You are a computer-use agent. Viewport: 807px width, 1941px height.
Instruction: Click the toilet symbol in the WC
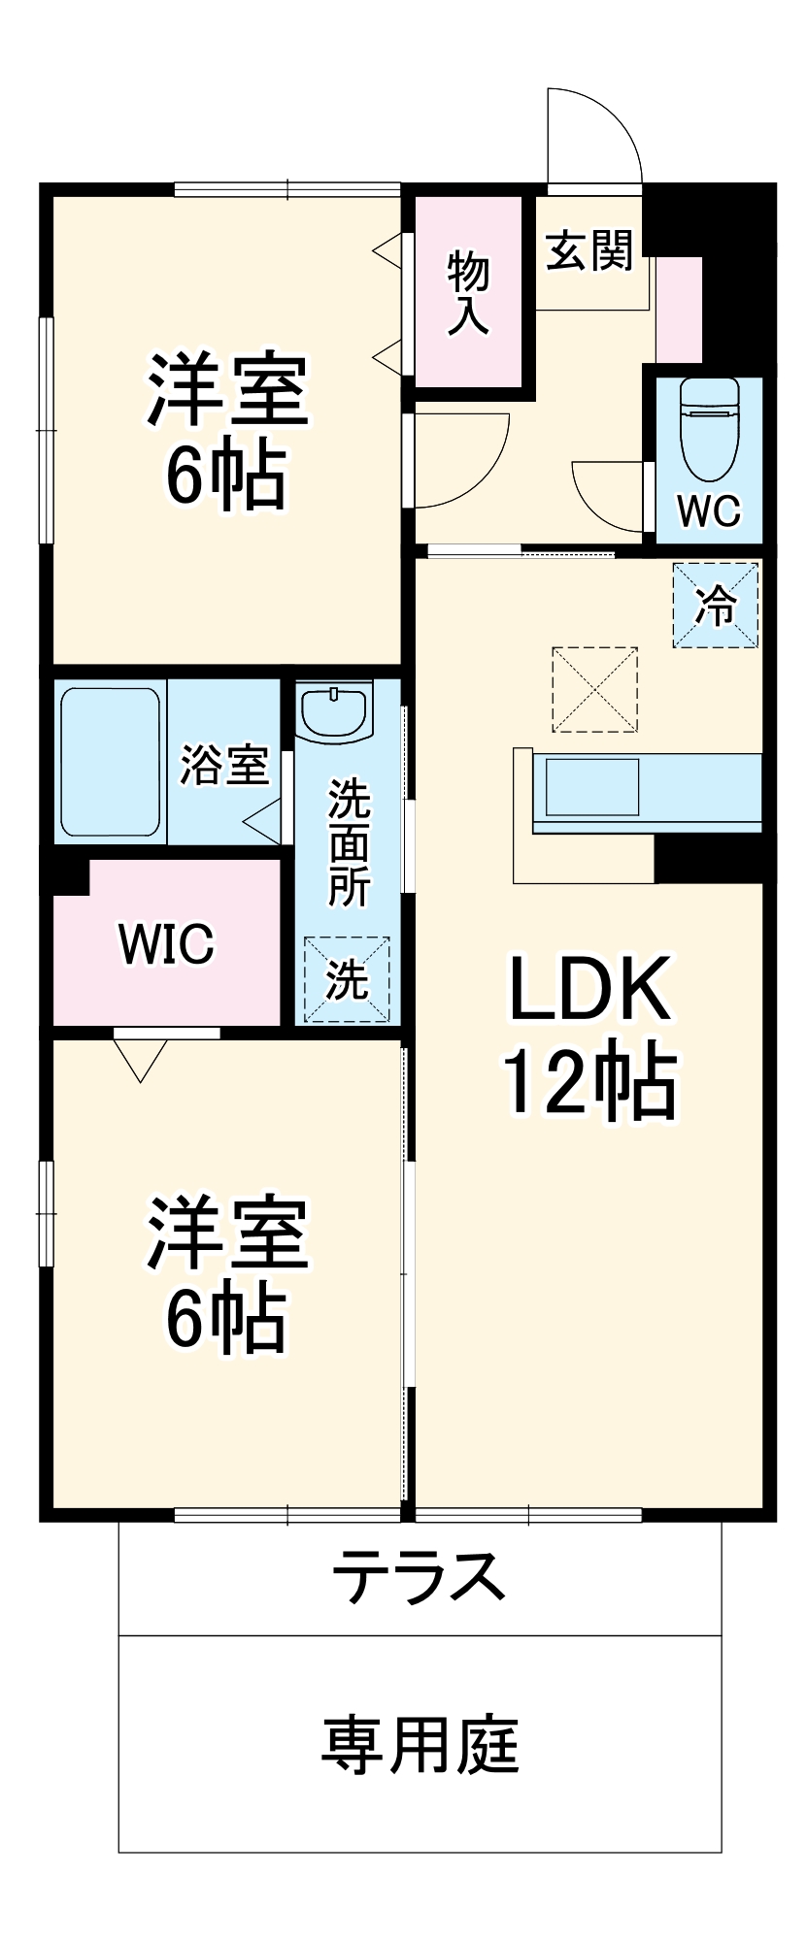pos(709,427)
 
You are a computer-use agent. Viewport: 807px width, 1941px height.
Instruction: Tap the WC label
pos(709,510)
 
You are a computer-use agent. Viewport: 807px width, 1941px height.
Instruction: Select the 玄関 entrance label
pos(589,251)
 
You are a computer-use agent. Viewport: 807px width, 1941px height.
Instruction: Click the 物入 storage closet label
pos(468,293)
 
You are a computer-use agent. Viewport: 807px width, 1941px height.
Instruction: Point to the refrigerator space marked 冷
pos(716,606)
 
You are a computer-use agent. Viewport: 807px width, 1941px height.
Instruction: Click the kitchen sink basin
pos(591,787)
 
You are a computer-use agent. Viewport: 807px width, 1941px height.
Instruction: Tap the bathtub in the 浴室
pos(110,762)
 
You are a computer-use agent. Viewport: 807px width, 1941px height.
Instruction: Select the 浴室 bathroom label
pos(224,765)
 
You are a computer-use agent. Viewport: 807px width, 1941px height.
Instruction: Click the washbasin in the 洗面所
pos(334,712)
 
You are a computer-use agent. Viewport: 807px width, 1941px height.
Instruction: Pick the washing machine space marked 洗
pos(347,979)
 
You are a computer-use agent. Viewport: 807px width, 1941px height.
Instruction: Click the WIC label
pos(166,943)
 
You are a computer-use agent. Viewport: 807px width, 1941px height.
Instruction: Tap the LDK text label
pos(589,990)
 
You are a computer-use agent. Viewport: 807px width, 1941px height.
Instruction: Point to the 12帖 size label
pos(589,1080)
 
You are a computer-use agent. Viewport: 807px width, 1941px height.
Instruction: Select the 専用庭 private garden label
pos(420,1744)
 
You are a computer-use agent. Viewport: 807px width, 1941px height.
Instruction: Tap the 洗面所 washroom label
pos(348,841)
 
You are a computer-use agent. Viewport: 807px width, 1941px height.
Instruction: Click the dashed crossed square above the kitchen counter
pos(594,689)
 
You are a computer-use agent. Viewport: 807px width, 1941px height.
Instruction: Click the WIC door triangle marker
pos(140,1058)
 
